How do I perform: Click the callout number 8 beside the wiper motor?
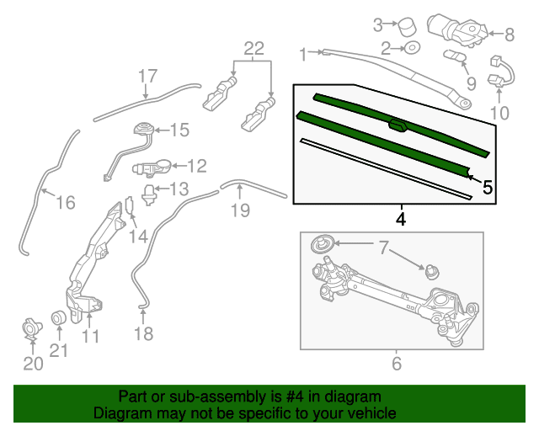click(510, 35)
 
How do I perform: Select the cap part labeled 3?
click(406, 26)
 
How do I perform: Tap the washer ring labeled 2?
click(412, 48)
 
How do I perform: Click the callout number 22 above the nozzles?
click(254, 49)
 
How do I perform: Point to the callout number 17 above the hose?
click(148, 76)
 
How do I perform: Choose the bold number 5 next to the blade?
click(488, 188)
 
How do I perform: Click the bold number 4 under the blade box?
click(401, 219)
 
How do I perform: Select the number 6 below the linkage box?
click(397, 364)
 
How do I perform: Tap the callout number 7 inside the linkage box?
click(384, 247)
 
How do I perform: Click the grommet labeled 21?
click(58, 318)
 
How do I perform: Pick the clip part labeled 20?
click(32, 329)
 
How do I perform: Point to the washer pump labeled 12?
click(152, 168)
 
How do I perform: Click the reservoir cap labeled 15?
click(143, 129)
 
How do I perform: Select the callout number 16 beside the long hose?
click(66, 202)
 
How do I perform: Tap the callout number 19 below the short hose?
click(240, 210)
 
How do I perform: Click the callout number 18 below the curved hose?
click(144, 333)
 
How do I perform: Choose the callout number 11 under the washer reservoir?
click(91, 336)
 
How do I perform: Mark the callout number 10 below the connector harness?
click(499, 113)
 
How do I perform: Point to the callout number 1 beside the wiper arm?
click(303, 55)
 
